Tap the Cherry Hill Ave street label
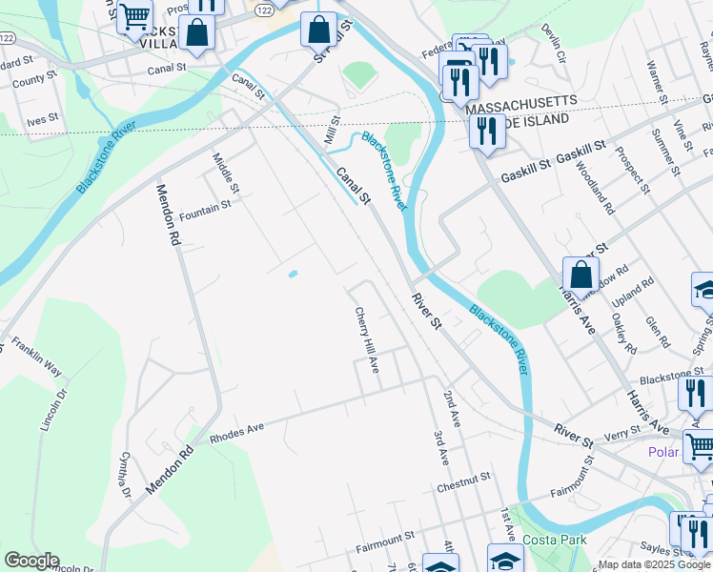point(368,339)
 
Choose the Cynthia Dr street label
point(124,473)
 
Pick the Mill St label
point(332,132)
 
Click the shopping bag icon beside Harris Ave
point(581,276)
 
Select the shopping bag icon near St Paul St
point(319,30)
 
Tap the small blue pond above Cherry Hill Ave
point(293,274)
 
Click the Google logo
point(31,561)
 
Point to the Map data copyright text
point(655,565)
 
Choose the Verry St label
point(622,433)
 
